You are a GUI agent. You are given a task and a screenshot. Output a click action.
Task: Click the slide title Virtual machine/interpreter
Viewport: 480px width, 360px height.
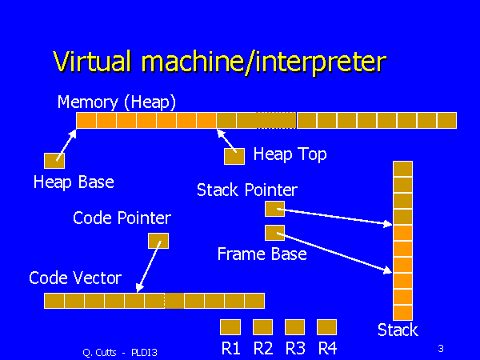coord(219,62)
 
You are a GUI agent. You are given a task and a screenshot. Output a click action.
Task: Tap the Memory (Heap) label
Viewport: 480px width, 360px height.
coord(117,102)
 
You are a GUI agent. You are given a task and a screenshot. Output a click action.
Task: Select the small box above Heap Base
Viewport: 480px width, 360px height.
coord(54,160)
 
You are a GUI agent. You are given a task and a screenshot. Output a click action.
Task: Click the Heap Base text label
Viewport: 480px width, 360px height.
coord(74,182)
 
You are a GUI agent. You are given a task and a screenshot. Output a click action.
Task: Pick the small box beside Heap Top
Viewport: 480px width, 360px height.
coord(234,156)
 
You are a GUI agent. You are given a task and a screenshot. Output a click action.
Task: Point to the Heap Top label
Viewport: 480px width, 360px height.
coord(290,154)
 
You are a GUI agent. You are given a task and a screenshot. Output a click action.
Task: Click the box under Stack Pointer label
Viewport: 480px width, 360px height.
coord(274,210)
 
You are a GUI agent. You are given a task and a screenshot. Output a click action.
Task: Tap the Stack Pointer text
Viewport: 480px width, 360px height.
coord(247,190)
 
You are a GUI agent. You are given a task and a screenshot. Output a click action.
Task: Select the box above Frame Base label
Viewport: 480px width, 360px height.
coord(274,233)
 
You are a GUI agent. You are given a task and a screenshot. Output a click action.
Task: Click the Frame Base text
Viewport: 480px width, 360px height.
coord(262,254)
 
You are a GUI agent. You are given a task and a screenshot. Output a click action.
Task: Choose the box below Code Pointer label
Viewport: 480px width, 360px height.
coord(158,240)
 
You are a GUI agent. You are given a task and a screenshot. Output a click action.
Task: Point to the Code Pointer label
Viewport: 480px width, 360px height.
coord(122,218)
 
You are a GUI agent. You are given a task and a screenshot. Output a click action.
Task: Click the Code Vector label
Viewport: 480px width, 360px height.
coord(75,278)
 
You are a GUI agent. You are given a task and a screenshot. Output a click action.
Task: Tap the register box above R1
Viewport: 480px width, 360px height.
coord(230,326)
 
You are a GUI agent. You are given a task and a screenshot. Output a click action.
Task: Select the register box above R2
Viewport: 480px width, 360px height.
coord(263,326)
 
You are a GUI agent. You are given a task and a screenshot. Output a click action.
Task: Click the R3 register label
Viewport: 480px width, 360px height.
coord(295,348)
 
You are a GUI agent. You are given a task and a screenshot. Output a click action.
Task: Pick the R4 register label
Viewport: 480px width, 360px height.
coord(326,348)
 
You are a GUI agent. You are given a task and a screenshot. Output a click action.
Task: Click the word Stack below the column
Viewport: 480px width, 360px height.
coord(398,330)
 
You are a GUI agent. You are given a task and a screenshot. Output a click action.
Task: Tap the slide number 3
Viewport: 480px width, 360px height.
coord(441,348)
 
